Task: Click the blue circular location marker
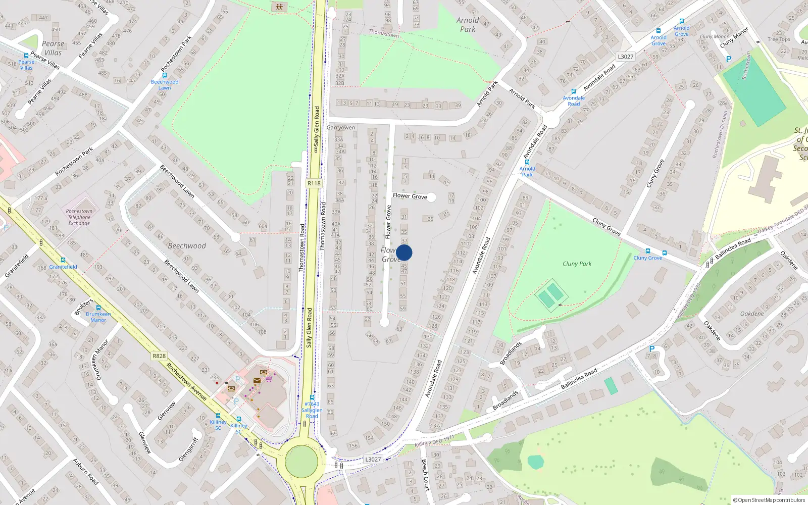coord(404,252)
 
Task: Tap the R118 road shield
coord(314,183)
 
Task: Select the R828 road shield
coord(159,356)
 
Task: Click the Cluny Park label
coord(577,264)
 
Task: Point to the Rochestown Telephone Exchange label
coord(79,217)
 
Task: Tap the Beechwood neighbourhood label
coord(187,246)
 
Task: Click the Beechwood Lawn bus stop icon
coord(165,75)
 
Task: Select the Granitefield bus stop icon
coord(63,260)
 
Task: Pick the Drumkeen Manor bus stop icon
coord(98,307)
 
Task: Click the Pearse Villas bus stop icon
coord(26,56)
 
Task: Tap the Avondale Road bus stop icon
coord(573,92)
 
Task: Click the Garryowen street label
coord(341,128)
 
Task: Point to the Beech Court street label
coord(425,475)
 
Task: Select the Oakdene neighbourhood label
coord(752,314)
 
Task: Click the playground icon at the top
coord(279,7)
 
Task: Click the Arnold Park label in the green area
coord(468,25)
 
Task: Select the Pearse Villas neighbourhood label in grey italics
coord(53,48)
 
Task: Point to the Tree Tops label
coord(779,39)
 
